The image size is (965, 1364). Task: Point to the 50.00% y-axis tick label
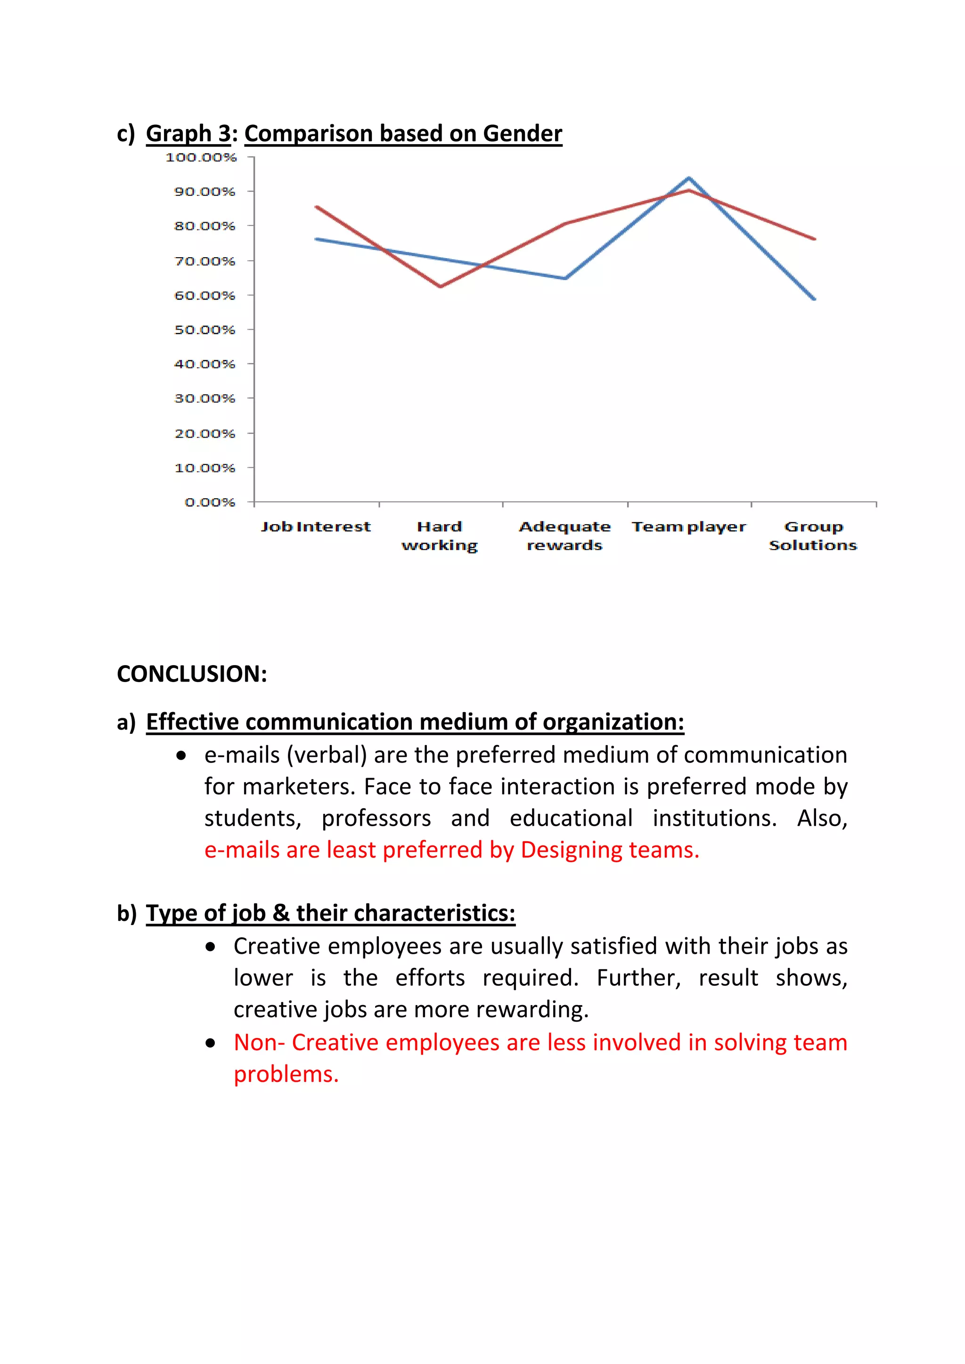pyautogui.click(x=204, y=330)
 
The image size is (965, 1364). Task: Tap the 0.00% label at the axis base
pyautogui.click(x=210, y=503)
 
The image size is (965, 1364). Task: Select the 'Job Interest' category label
pyautogui.click(x=316, y=527)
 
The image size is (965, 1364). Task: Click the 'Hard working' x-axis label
pyautogui.click(x=440, y=536)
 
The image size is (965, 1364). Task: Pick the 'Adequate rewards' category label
pyautogui.click(x=564, y=536)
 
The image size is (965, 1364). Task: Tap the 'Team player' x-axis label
pyautogui.click(x=689, y=527)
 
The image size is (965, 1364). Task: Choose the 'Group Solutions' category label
pyautogui.click(x=813, y=536)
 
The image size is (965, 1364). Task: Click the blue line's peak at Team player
pyautogui.click(x=689, y=178)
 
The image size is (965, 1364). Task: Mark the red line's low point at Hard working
pyautogui.click(x=440, y=286)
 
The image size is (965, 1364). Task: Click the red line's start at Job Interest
pyautogui.click(x=317, y=207)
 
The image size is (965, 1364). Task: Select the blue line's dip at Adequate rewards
pyautogui.click(x=565, y=278)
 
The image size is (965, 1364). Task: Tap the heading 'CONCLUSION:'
pyautogui.click(x=192, y=674)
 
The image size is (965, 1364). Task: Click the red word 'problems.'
pyautogui.click(x=286, y=1074)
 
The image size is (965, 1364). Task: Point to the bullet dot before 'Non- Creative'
pyautogui.click(x=210, y=1043)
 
